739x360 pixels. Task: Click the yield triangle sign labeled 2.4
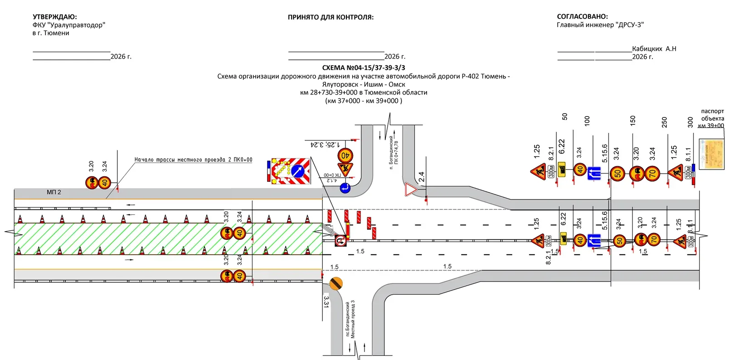click(410, 190)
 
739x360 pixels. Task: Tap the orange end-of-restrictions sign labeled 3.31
click(336, 284)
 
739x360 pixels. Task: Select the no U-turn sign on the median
click(340, 241)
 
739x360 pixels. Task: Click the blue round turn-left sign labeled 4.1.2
click(345, 187)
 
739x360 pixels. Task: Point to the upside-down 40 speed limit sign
click(345, 155)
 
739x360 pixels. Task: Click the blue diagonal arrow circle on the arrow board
click(298, 171)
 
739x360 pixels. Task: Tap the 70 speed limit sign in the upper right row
click(652, 173)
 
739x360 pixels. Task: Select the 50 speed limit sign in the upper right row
click(617, 173)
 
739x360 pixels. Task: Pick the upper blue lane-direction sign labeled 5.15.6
click(594, 173)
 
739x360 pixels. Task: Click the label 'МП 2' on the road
click(54, 192)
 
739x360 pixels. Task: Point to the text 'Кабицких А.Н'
click(654, 49)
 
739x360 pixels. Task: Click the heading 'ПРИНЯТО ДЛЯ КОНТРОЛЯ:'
click(331, 17)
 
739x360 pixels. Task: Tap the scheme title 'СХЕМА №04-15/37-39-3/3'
click(363, 68)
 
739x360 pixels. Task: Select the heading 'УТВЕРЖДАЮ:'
click(55, 17)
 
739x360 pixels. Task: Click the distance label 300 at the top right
click(690, 122)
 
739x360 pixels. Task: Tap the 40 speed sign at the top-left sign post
click(105, 183)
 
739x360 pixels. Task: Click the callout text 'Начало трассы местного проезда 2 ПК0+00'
click(193, 160)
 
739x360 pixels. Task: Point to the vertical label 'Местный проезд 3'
click(353, 319)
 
